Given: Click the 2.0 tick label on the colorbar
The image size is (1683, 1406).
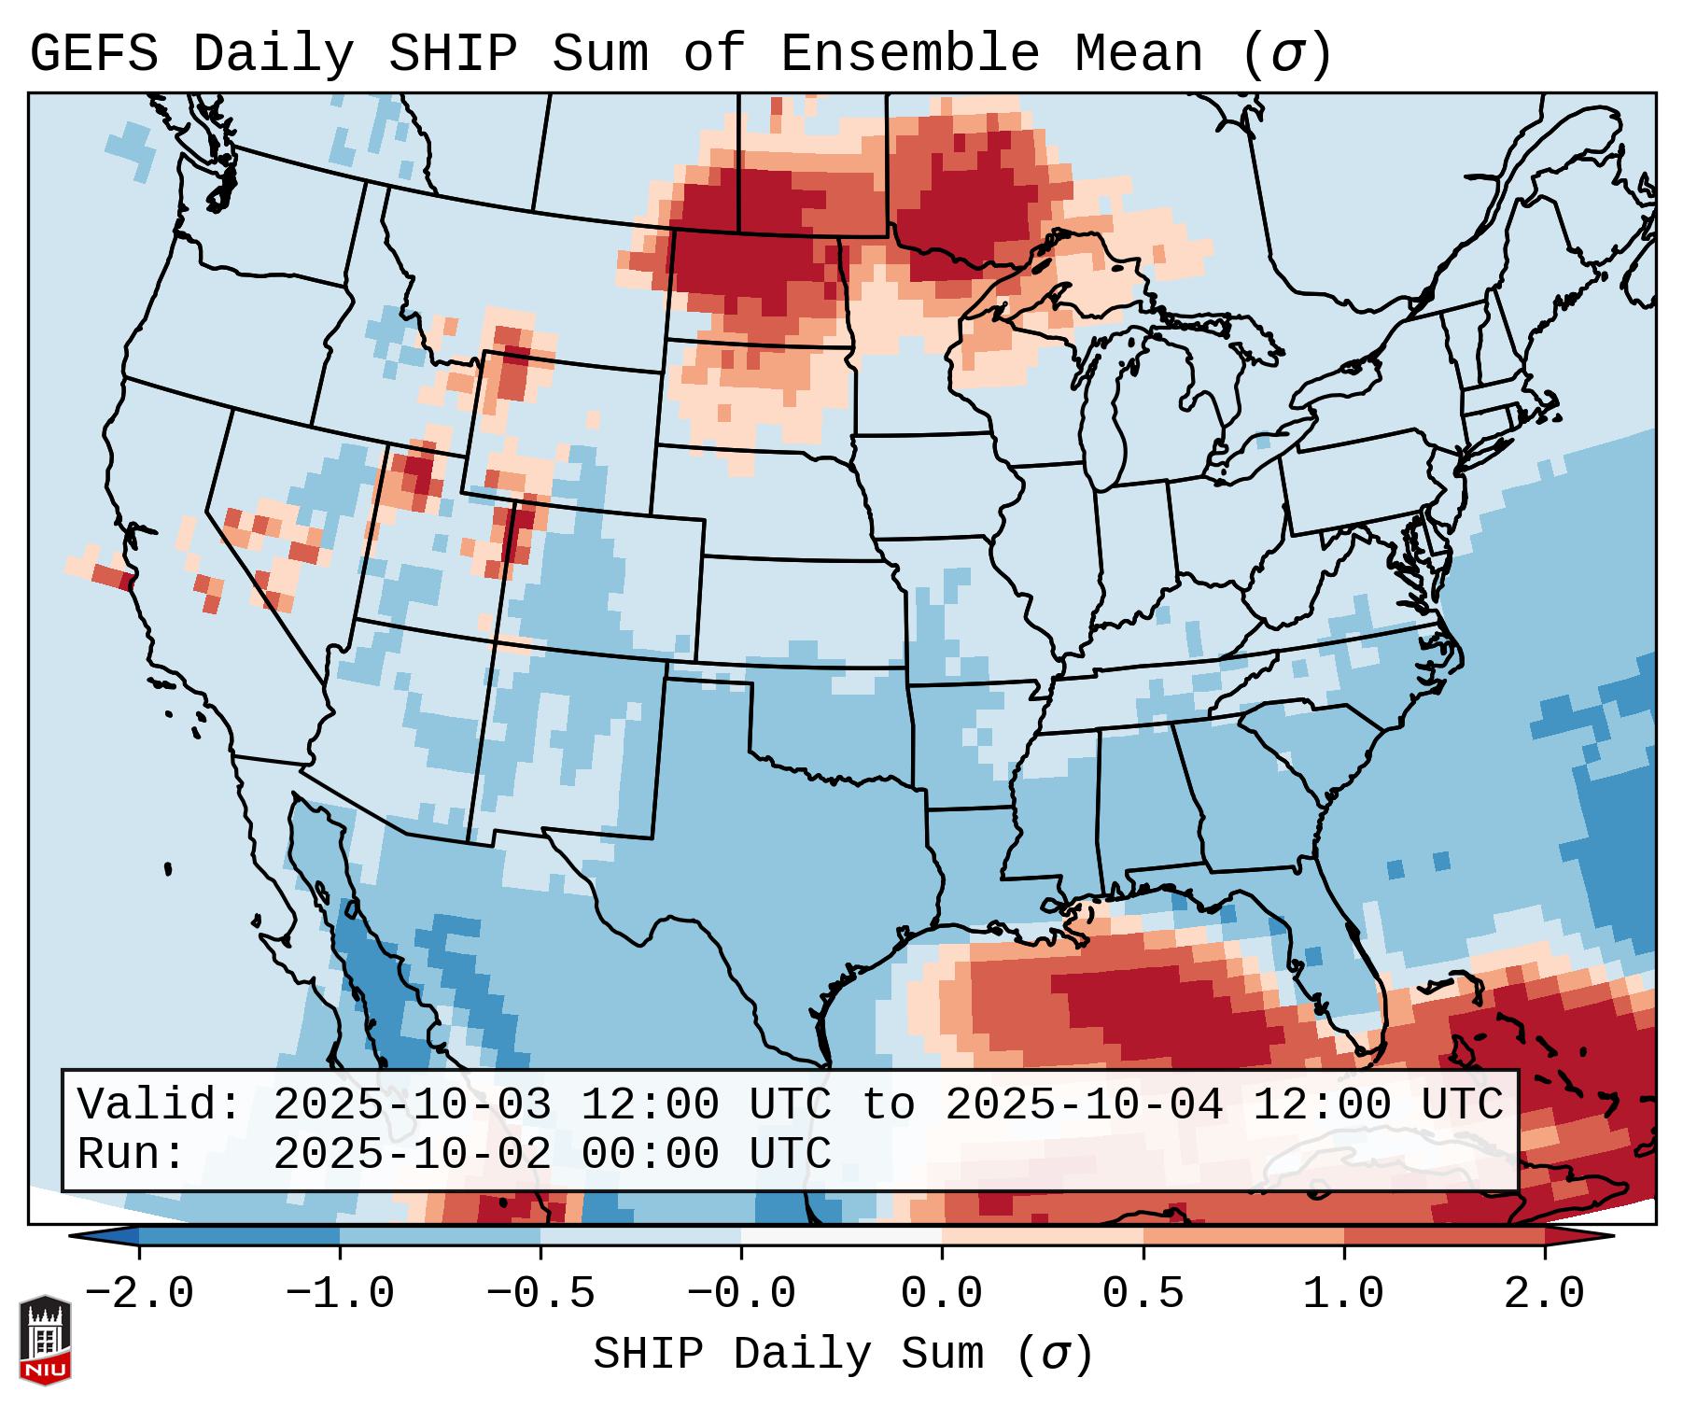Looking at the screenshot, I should tap(1544, 1294).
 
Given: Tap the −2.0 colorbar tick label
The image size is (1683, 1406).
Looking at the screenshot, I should tap(139, 1294).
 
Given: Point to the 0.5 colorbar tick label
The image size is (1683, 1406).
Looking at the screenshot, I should tap(1143, 1294).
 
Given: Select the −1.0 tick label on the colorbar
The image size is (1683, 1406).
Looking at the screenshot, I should tap(340, 1294).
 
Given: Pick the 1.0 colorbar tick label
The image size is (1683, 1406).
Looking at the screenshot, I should tap(1343, 1294).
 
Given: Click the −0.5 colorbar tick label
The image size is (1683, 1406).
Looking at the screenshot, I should tap(540, 1294).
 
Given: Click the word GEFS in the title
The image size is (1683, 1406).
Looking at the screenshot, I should tap(93, 54).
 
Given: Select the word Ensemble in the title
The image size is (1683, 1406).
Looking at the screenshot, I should tap(909, 54).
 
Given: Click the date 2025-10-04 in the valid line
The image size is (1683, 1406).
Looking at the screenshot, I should tap(1084, 1105).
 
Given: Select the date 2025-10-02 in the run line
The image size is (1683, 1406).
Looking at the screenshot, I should tap(412, 1155).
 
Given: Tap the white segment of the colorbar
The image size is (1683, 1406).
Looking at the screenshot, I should tap(841, 1236).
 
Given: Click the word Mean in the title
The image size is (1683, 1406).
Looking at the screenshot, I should tap(1138, 54).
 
